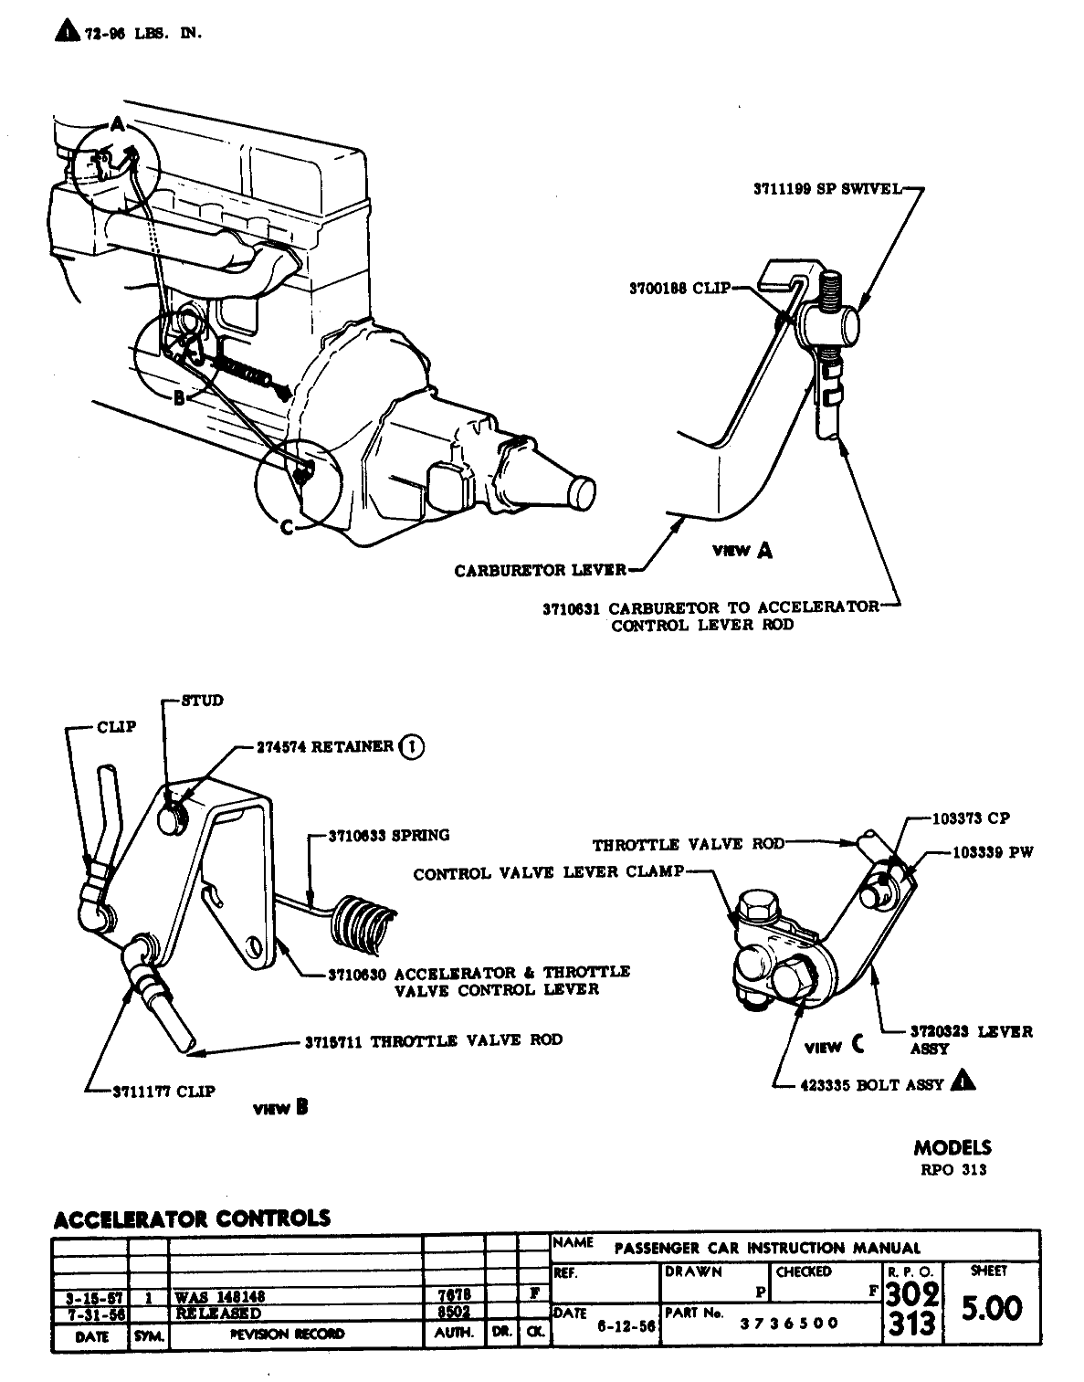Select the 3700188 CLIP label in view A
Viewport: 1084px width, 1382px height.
(679, 289)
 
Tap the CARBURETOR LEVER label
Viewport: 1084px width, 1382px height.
(540, 571)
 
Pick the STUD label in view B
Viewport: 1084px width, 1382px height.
(202, 701)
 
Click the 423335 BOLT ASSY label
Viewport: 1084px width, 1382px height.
(871, 1085)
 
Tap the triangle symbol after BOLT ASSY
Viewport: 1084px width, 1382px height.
(963, 1081)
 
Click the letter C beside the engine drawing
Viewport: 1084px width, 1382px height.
(287, 529)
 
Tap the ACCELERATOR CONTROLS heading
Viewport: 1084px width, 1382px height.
(192, 1218)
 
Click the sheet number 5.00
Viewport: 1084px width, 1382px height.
(993, 1308)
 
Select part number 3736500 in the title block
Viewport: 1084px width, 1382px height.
(789, 1324)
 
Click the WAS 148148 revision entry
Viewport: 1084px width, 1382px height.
(220, 1295)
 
